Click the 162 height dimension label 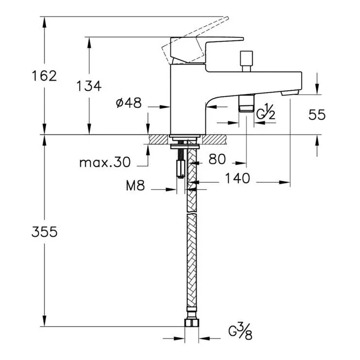click(44, 76)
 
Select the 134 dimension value click(89, 86)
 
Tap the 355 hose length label click(44, 231)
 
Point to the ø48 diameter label click(129, 103)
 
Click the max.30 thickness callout click(105, 163)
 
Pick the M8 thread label click(135, 185)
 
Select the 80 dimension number click(217, 159)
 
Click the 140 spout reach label click(237, 178)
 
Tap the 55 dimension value click(317, 115)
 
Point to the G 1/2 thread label click(266, 112)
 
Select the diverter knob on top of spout click(246, 61)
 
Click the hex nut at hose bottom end click(192, 323)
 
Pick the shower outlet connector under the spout click(246, 103)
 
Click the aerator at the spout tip click(290, 93)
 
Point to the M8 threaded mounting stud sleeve click(180, 169)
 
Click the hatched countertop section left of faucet click(158, 139)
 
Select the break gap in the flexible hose click(192, 213)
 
